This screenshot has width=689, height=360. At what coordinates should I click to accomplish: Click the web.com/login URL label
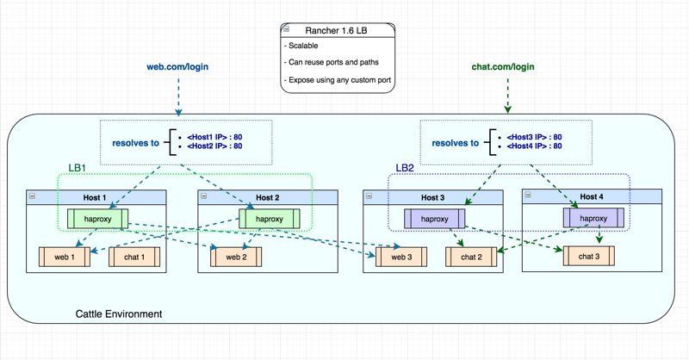click(177, 67)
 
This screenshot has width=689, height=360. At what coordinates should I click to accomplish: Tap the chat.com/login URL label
click(503, 67)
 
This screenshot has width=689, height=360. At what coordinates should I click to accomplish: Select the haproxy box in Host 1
click(98, 219)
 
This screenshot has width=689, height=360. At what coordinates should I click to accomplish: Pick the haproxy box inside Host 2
click(270, 219)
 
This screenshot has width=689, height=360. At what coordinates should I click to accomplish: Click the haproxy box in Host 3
click(435, 219)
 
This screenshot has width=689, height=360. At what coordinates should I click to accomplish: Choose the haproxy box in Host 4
click(593, 218)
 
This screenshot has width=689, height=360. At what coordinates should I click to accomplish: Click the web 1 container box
click(65, 258)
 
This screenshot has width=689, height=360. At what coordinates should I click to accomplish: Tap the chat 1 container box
click(134, 258)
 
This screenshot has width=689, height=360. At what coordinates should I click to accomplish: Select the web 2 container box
click(236, 258)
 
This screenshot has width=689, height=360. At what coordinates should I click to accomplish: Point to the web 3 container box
click(401, 258)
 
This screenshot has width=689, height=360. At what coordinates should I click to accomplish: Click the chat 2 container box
click(471, 258)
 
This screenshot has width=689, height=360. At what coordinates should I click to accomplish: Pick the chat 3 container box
click(589, 257)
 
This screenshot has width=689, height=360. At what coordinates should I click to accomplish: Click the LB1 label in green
click(77, 168)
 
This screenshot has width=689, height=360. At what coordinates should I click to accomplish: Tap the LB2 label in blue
click(405, 168)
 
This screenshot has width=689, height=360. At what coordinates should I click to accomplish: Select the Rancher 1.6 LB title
click(336, 31)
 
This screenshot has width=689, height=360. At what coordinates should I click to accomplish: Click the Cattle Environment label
click(119, 313)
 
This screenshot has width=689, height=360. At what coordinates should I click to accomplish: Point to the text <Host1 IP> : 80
click(214, 137)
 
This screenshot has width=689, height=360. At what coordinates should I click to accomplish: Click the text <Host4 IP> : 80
click(534, 146)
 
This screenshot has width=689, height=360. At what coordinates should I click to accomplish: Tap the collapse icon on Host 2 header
click(203, 196)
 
